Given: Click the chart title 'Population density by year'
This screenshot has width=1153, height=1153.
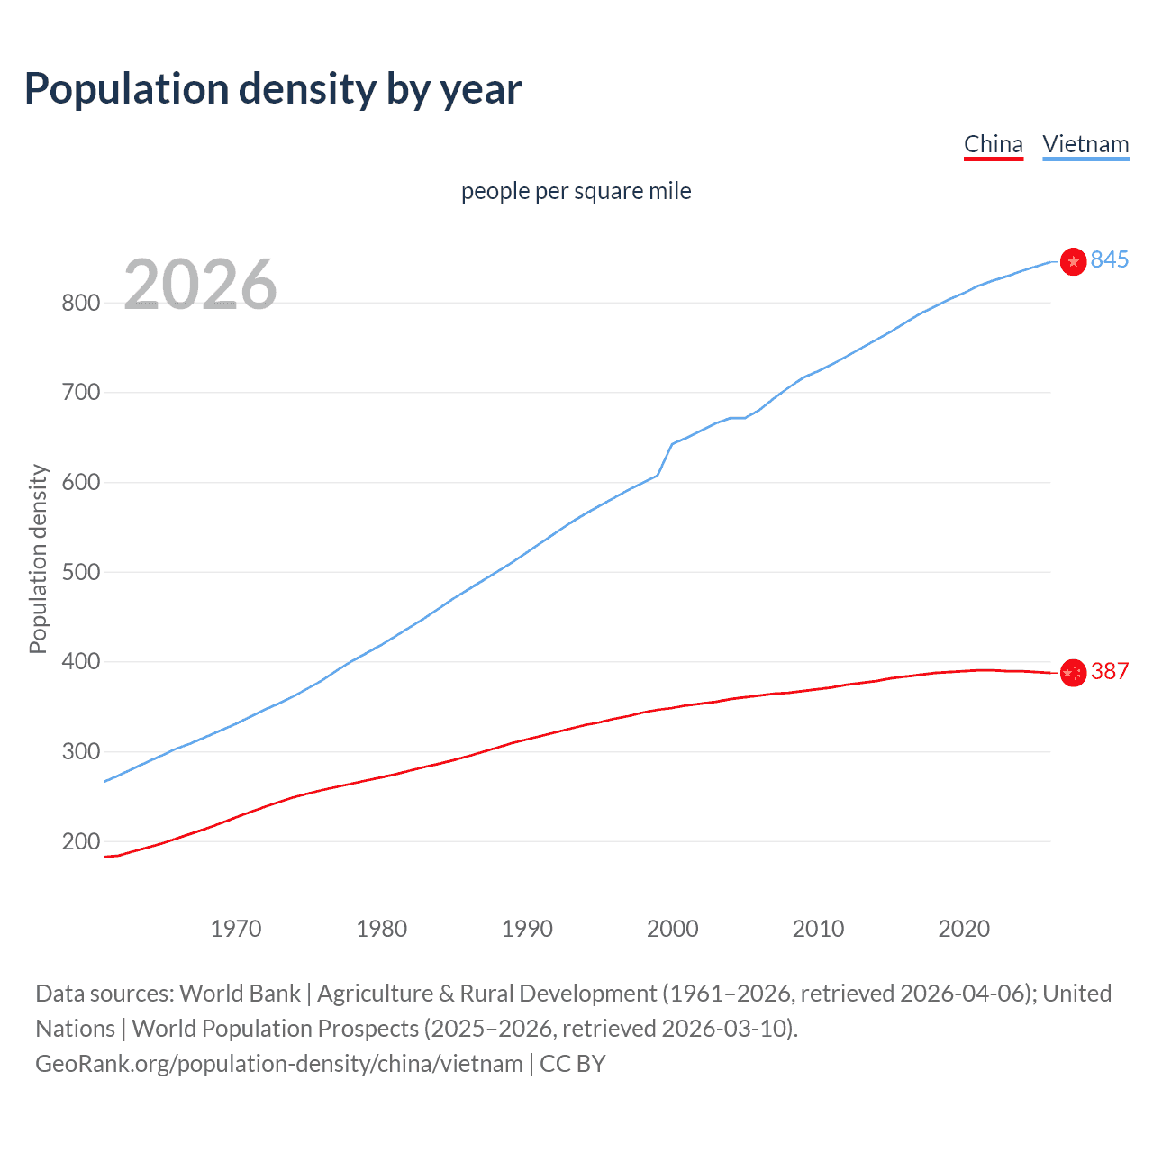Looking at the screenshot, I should tap(273, 89).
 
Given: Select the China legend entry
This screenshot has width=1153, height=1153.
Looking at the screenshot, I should tap(993, 144).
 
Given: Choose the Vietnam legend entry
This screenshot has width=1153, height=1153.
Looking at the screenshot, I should tap(1085, 144).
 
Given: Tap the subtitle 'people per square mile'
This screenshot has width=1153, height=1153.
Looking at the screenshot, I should tap(576, 191).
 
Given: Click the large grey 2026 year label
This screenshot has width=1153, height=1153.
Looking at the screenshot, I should tap(200, 285).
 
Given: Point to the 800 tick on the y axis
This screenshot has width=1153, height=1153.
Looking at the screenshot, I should tap(80, 303).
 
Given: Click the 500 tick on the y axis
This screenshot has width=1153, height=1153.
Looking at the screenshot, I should tap(80, 572).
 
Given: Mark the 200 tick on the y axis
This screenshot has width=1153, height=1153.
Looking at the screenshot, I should tap(80, 841).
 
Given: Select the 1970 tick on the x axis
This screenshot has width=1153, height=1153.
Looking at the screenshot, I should tap(236, 929).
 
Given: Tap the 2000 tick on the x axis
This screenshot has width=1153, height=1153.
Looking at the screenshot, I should tap(672, 929).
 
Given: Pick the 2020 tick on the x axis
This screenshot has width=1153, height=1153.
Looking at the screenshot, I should tap(964, 929).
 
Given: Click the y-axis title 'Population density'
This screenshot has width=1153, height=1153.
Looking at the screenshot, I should tap(38, 558).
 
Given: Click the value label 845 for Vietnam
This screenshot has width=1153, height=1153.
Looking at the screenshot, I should tap(1109, 260).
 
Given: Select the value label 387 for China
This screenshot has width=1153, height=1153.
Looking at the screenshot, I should tap(1109, 671).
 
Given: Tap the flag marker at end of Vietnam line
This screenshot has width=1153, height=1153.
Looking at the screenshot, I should tap(1073, 261).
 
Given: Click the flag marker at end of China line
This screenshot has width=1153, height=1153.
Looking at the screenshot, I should tap(1073, 672).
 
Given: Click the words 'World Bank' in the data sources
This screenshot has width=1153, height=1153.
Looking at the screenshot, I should tap(240, 994).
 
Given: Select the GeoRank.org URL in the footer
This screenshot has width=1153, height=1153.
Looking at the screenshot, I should tap(278, 1064).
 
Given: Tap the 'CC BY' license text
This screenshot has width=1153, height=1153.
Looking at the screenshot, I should tap(573, 1064).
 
